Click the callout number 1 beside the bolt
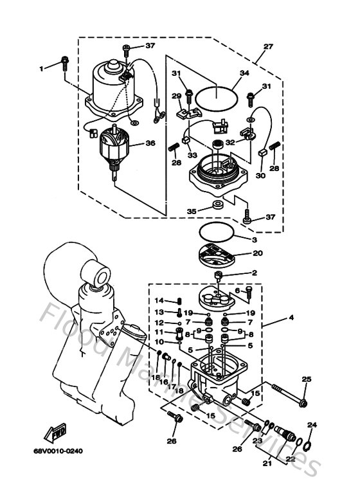click(x=42, y=67)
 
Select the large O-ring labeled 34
click(x=215, y=96)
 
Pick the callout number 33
click(x=192, y=155)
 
